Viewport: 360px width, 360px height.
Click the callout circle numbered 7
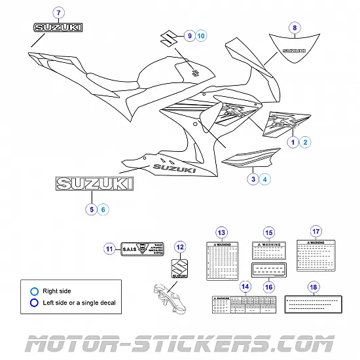point(58,12)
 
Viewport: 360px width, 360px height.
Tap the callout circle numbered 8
point(295,27)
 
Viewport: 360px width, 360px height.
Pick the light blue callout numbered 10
point(200,35)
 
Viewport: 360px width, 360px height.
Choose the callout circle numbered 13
point(222,233)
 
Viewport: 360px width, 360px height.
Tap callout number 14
point(245,286)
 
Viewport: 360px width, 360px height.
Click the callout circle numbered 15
point(268,233)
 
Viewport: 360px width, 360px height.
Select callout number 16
point(268,286)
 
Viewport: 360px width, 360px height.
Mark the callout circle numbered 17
point(315,232)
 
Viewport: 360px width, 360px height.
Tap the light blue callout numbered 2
point(305,141)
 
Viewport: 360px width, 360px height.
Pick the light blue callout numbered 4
point(264,178)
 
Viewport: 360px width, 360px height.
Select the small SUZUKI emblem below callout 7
point(58,27)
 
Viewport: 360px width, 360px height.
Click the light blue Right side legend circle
point(34,291)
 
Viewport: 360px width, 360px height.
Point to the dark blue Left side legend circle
point(34,302)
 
